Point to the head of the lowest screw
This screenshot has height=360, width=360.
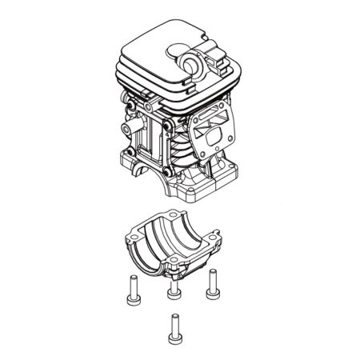pyautogui.click(x=172, y=317)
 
